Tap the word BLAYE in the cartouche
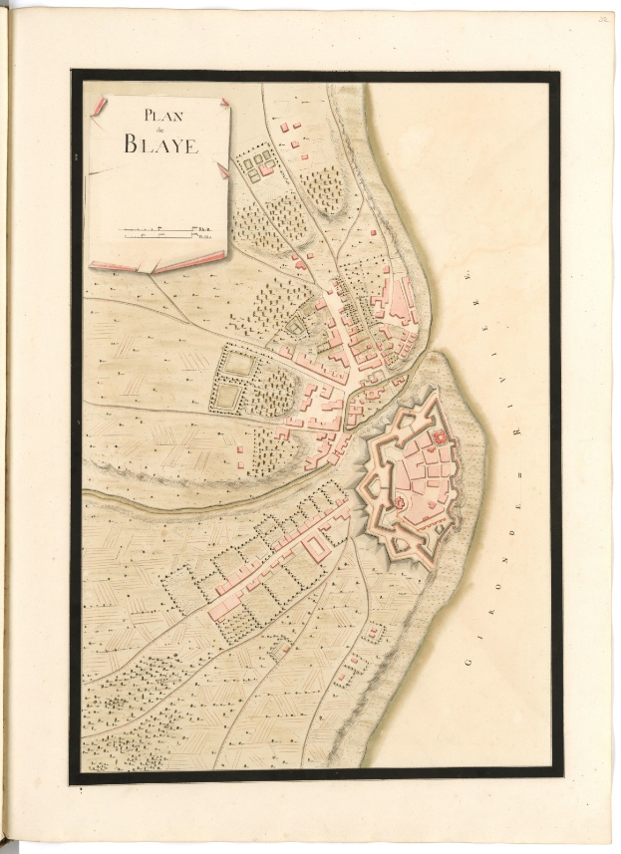click(161, 143)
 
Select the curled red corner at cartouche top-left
click(97, 108)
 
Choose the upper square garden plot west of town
click(238, 364)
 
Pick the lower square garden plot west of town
click(228, 398)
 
